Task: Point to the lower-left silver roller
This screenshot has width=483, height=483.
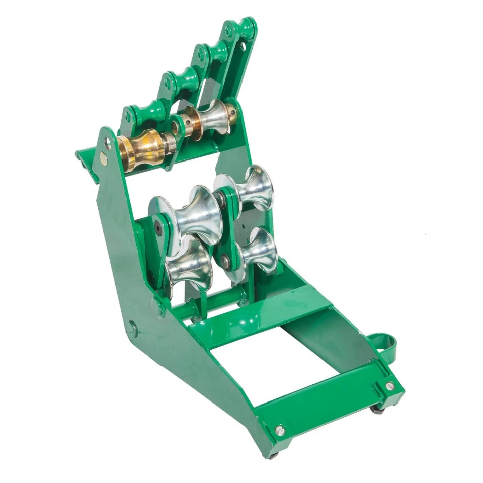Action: pyautogui.click(x=189, y=267)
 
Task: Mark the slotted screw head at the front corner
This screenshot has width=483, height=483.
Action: pyautogui.click(x=280, y=430)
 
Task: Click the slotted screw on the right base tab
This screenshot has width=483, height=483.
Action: pyautogui.click(x=390, y=386)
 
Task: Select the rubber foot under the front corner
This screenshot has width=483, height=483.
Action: pyautogui.click(x=273, y=455)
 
